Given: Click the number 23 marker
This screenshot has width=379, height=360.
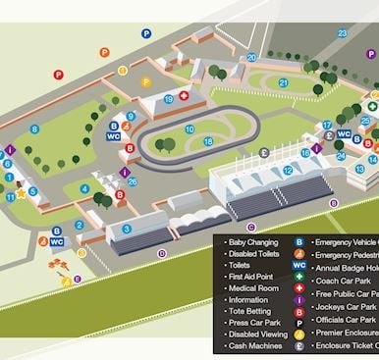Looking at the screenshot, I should (342, 33).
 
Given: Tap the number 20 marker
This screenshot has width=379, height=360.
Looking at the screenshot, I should (251, 58).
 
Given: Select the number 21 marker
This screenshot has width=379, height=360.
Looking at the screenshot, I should (283, 83).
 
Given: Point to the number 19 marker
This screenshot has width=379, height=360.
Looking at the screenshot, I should (168, 98).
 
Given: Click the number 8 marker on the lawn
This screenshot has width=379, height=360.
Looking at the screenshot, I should (34, 129).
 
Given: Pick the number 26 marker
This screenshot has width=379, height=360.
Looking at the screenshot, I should (133, 181).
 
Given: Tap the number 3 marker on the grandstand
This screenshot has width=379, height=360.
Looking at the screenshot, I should (127, 230).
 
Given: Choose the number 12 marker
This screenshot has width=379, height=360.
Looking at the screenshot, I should (288, 171).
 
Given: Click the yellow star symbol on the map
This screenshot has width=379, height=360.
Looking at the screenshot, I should (21, 193).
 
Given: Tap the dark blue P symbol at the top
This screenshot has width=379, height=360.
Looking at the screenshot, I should (146, 33).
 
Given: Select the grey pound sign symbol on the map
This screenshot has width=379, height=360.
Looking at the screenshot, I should (263, 153).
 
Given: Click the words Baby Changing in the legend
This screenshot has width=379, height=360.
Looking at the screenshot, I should (253, 240).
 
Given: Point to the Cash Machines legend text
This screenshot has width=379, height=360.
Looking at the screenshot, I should (257, 346).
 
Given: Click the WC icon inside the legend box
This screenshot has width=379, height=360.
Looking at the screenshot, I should (298, 265).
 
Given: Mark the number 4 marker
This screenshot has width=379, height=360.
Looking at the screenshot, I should (84, 189).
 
